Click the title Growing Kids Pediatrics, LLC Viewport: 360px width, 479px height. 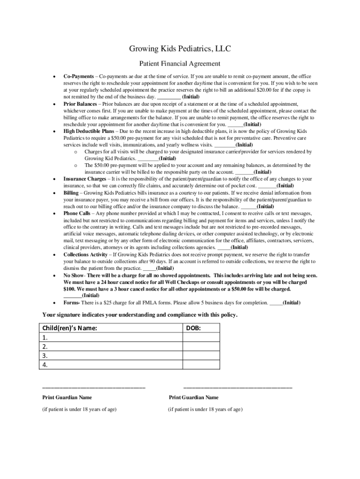180,49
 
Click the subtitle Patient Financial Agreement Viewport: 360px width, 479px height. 180,64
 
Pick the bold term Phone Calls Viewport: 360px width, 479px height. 77,213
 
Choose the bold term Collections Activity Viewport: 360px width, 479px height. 86,255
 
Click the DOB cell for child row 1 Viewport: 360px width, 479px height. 201,337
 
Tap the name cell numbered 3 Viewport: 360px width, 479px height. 110,356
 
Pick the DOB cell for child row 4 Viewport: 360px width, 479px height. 201,365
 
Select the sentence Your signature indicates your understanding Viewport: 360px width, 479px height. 140,315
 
